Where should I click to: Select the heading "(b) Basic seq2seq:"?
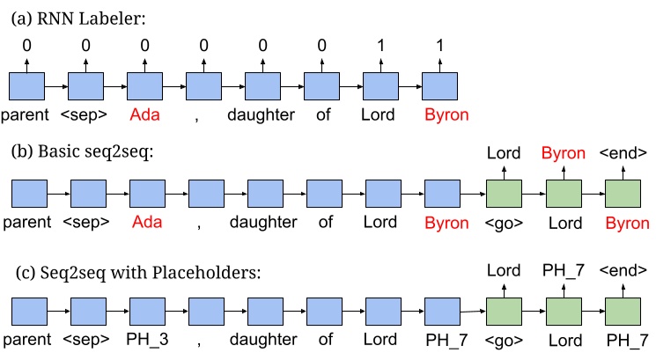76,151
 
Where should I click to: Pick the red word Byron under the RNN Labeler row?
441,114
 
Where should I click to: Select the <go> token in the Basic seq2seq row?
503,222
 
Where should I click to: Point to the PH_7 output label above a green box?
563,274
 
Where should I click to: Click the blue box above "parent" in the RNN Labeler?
26,85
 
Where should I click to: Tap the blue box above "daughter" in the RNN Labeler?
262,85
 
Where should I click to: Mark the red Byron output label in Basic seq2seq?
563,153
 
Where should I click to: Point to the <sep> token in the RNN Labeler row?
85,114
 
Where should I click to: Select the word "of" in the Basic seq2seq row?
325,222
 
